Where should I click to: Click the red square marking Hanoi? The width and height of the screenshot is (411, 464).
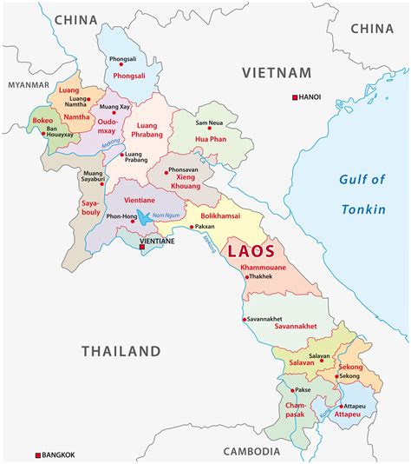[x=295, y=96]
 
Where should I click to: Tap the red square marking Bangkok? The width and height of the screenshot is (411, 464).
[x=38, y=455]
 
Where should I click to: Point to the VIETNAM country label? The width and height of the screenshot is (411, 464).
[x=276, y=72]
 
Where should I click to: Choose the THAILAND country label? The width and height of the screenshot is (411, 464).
[x=121, y=351]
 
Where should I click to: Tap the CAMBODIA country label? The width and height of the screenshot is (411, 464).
[x=251, y=452]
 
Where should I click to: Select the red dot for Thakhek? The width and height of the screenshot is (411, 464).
[x=247, y=277]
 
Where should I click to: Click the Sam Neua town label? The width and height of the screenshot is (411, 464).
[x=212, y=111]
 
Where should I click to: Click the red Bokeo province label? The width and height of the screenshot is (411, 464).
[x=43, y=120]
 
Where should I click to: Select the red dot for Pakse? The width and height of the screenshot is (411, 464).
[x=291, y=391]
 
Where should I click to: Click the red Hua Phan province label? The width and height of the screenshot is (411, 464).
[x=211, y=137]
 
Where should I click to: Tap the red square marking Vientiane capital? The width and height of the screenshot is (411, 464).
[x=142, y=248]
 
